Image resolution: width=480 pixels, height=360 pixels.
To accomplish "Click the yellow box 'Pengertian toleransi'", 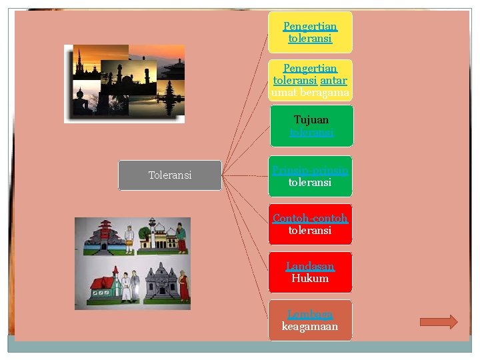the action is click(x=310, y=32).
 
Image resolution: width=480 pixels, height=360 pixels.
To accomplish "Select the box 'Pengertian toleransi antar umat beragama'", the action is click(x=310, y=80).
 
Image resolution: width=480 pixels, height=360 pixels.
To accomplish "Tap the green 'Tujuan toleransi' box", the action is click(x=310, y=126).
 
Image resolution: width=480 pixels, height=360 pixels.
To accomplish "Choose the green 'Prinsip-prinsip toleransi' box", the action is click(x=310, y=176).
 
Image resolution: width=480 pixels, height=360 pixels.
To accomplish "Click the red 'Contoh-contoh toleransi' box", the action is click(x=310, y=224).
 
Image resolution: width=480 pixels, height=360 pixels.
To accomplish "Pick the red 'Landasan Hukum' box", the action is click(x=310, y=272).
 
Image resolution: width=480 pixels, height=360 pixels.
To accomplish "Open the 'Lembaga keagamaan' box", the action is click(x=310, y=320).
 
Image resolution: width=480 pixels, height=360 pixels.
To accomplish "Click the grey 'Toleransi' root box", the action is click(x=170, y=175).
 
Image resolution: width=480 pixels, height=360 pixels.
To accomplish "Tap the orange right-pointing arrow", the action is click(x=439, y=322).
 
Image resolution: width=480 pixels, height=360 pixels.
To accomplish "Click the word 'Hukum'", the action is click(x=310, y=279).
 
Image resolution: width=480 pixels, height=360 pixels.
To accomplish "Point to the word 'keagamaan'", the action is click(x=310, y=327).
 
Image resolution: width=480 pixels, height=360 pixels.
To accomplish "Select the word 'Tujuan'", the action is click(x=311, y=120).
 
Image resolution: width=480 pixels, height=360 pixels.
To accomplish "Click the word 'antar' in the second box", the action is click(x=333, y=81).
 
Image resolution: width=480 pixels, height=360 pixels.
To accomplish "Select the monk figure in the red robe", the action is click(x=183, y=285).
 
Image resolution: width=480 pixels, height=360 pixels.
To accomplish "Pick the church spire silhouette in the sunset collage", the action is click(x=79, y=66).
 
